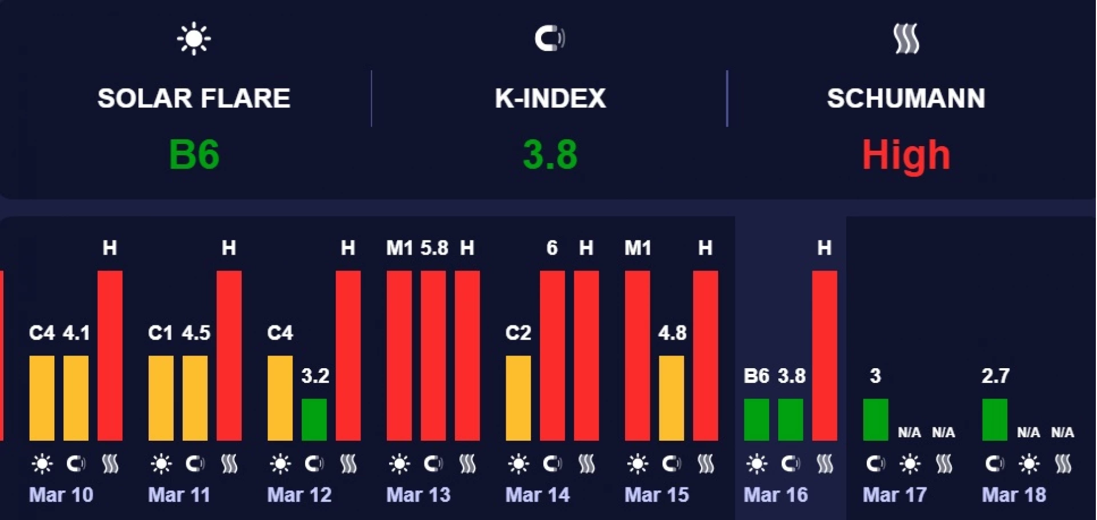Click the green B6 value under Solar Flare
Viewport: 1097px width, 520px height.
[194, 154]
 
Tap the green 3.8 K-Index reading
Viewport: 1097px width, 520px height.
[550, 154]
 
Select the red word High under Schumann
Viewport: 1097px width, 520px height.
[906, 154]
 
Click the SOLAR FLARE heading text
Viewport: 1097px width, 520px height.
[194, 98]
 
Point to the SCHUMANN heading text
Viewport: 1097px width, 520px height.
[906, 98]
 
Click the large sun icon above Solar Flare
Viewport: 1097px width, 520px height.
[194, 38]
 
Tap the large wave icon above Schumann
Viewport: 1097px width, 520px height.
[906, 38]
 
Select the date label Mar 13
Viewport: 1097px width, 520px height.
[418, 494]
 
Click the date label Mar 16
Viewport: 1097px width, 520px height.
[775, 494]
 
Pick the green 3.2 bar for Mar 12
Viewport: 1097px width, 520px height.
[314, 420]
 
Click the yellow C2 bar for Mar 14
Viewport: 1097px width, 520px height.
[518, 398]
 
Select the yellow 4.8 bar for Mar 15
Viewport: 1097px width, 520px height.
[671, 398]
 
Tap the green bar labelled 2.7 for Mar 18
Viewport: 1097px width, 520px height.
[994, 420]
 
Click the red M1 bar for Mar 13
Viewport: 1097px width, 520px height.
[399, 355]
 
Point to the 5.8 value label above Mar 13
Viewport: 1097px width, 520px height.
[434, 248]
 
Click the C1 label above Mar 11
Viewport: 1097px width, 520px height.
[160, 333]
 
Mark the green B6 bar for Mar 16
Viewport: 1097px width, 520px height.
[756, 420]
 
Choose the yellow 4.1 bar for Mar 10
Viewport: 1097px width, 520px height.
[75, 398]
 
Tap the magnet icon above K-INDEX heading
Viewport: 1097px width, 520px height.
[550, 38]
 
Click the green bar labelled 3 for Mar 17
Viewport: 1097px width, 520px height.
[875, 420]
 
